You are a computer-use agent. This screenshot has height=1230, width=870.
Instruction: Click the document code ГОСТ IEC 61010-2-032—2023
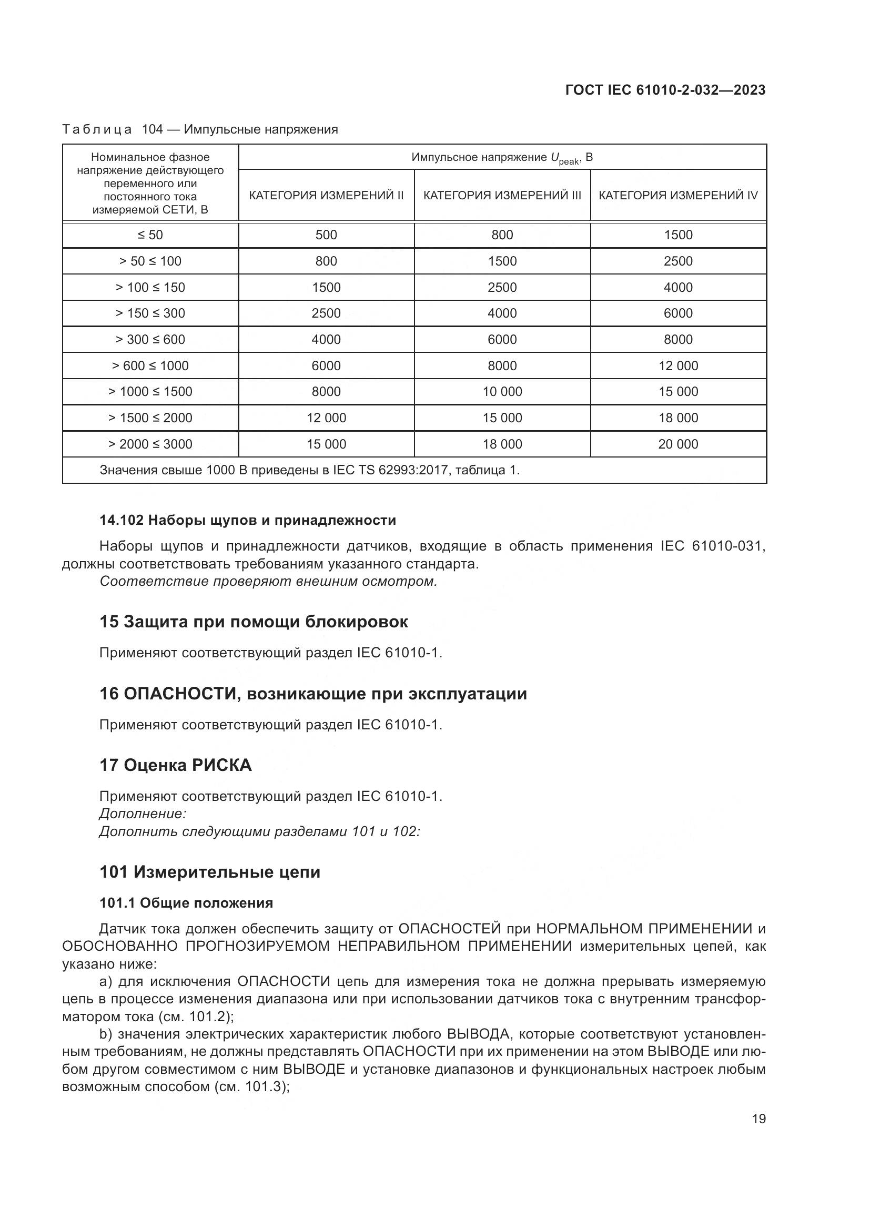665,90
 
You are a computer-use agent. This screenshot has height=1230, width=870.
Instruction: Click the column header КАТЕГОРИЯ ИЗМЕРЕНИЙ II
326,195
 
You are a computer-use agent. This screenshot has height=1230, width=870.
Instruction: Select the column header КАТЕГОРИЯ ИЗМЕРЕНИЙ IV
677,195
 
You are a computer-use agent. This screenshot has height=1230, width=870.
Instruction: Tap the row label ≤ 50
150,235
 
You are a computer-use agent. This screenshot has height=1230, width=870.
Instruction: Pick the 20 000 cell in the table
677,444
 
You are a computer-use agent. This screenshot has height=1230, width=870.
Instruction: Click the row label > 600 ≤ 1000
150,366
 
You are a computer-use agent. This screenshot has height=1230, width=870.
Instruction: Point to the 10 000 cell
502,392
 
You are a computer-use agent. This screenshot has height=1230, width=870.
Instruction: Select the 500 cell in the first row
326,235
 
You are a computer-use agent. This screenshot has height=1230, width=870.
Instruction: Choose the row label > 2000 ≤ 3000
150,444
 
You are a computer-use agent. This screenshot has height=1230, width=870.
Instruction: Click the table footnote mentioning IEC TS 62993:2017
310,470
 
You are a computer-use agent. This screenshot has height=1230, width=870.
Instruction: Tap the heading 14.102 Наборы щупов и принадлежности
248,520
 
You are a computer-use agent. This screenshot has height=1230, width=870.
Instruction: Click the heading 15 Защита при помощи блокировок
254,622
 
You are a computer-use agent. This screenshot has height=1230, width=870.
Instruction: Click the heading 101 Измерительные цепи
209,872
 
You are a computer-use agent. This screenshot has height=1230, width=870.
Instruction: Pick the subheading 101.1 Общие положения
186,903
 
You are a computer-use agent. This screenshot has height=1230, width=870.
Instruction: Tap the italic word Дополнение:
143,814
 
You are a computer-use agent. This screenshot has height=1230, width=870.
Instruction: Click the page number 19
758,1119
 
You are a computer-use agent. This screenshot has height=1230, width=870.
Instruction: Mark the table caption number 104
152,129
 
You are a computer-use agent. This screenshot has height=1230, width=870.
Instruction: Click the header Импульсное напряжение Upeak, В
502,158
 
